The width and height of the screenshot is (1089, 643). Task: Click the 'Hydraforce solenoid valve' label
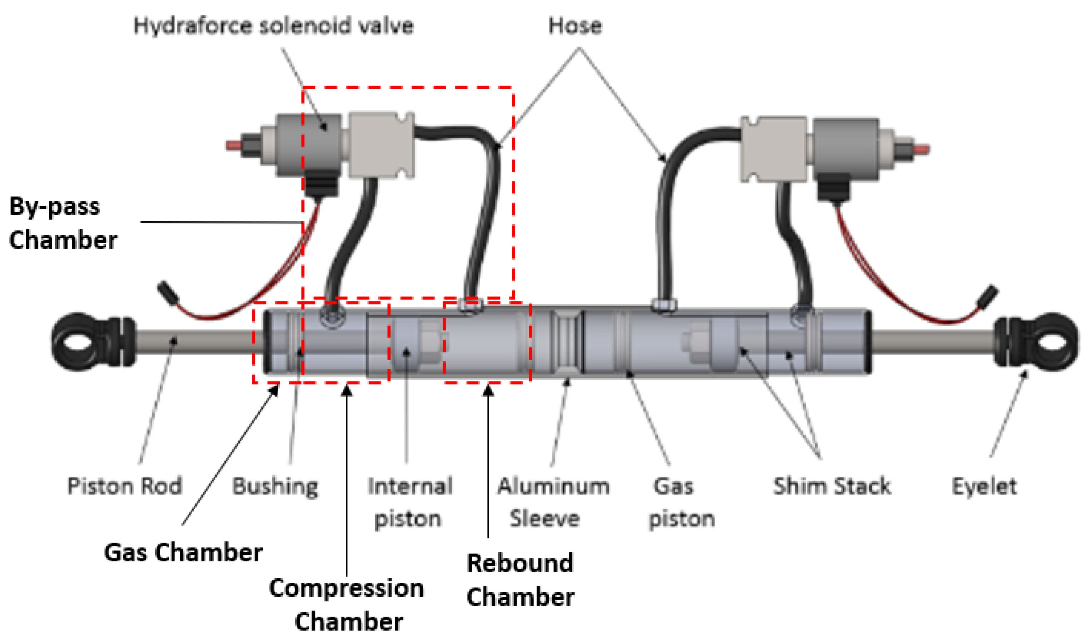coord(274,26)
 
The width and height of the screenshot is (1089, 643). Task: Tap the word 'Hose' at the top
coord(575,26)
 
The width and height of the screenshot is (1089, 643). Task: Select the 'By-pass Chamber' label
coord(63,223)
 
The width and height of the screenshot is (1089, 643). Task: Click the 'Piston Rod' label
coord(125,486)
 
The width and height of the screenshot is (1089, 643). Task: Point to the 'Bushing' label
coord(275,486)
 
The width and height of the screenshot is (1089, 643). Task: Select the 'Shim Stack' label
coord(832,486)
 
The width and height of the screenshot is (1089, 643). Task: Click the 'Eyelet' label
coord(984,486)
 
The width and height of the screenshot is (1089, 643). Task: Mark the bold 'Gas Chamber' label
coord(183,552)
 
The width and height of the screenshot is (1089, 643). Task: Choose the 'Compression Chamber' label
coord(347,605)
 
